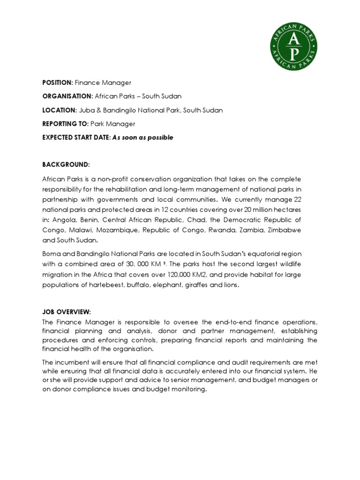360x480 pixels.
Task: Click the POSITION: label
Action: [x=57, y=83]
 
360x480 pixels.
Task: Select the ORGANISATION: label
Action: [x=67, y=97]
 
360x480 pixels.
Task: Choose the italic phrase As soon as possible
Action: [x=142, y=137]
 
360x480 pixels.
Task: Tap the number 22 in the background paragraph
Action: [x=297, y=199]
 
